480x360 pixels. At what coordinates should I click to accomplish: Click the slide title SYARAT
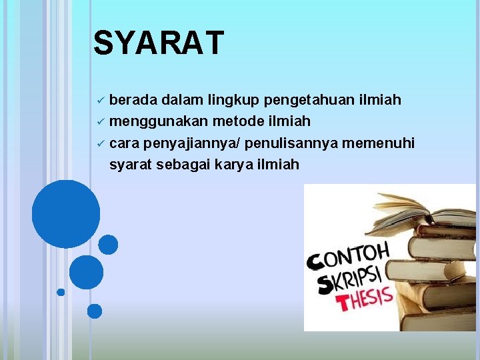point(159,43)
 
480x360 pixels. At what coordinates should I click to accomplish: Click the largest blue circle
point(66,214)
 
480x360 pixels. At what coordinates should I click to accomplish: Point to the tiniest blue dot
point(61,292)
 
